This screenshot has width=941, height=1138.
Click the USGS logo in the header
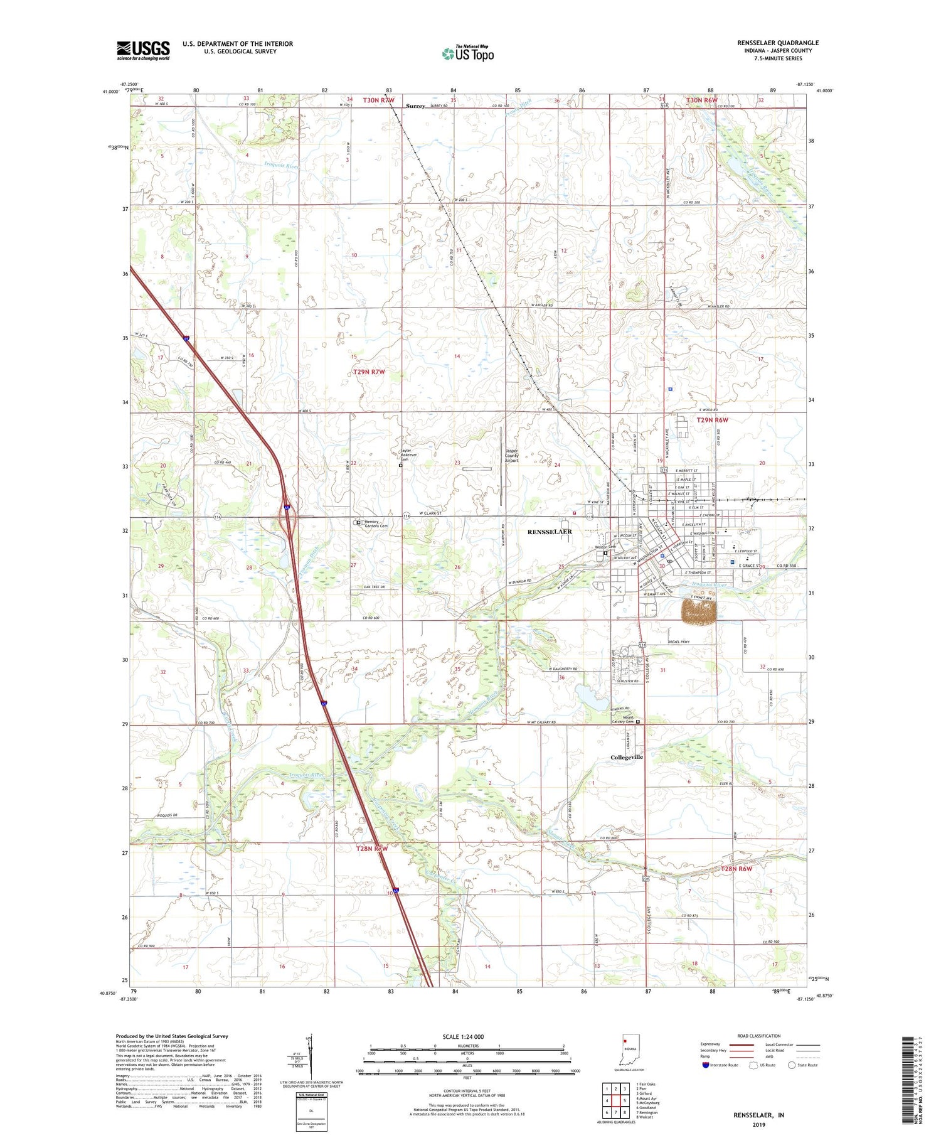[x=143, y=50]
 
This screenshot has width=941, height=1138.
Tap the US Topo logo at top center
[x=468, y=54]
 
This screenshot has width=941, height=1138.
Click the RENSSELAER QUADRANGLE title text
[x=778, y=43]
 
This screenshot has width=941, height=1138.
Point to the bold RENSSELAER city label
[x=550, y=532]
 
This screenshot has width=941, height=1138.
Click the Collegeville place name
[x=627, y=757]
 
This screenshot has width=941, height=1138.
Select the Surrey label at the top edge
[x=415, y=106]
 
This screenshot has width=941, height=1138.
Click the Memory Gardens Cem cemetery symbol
[x=358, y=522]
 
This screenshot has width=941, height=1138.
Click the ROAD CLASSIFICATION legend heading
[x=759, y=1036]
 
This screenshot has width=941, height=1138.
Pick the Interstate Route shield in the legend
[x=706, y=1065]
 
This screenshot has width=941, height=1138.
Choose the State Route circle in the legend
[x=792, y=1065]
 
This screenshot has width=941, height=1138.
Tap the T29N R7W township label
[x=369, y=372]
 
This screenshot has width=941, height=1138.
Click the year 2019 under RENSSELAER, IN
[x=758, y=1124]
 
